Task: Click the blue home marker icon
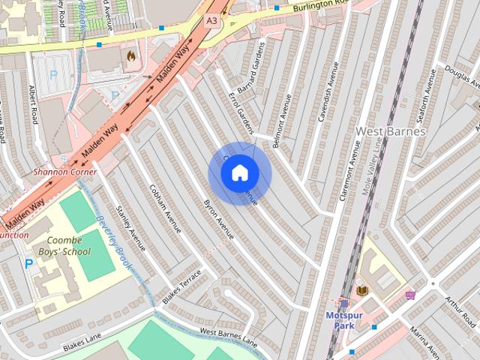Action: pos(239,172)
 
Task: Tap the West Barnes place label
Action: pos(390,131)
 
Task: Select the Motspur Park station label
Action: pos(344,320)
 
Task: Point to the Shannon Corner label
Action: pos(64,172)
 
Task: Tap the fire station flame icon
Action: pos(131,55)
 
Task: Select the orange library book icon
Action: pos(362,290)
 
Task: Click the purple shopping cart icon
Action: pos(409,295)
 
